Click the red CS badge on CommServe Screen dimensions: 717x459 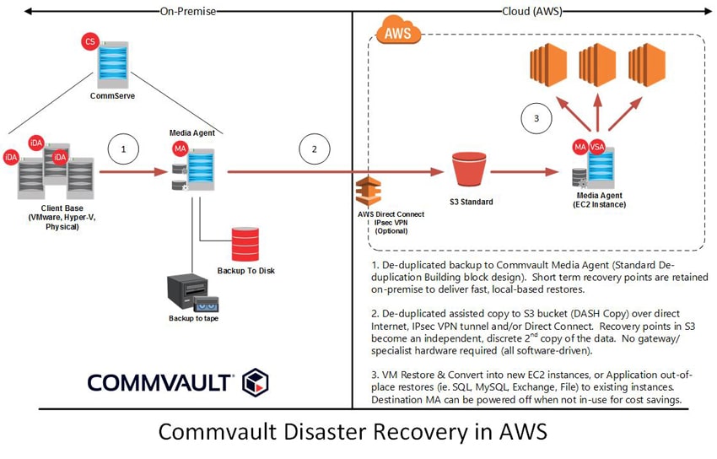[x=90, y=41]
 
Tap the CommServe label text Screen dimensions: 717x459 [x=112, y=96]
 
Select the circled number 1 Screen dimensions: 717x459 [x=123, y=149]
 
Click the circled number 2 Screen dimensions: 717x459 [x=314, y=149]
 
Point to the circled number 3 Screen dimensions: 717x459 [x=536, y=118]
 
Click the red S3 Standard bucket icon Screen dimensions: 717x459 [x=469, y=169]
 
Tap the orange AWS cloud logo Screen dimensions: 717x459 [x=397, y=30]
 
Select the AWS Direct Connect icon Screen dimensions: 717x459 [x=369, y=191]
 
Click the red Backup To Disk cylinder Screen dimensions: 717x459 [x=245, y=244]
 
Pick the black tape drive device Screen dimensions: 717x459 [x=192, y=293]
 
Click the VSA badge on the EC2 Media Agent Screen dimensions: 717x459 [x=596, y=147]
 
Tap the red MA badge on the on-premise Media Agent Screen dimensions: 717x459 [x=181, y=148]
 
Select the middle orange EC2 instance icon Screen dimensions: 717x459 [x=597, y=65]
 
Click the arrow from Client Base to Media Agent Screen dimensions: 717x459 [x=134, y=172]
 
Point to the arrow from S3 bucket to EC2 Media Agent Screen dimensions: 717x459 [x=525, y=172]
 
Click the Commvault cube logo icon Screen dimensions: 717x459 [x=255, y=382]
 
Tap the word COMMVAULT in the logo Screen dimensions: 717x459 [x=159, y=383]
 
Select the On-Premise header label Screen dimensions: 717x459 [x=188, y=11]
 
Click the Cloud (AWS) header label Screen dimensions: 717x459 [x=531, y=11]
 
